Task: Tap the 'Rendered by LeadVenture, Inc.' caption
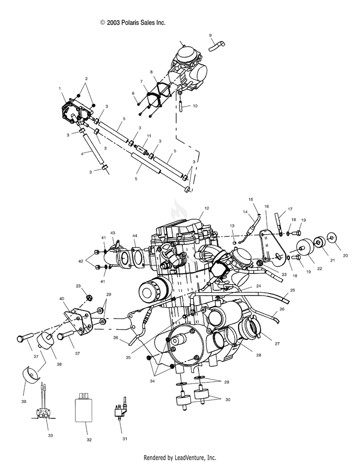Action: [180, 457]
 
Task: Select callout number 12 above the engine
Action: [207, 209]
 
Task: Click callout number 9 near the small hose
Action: [210, 36]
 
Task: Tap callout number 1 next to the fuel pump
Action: [60, 89]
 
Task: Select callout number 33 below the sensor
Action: [50, 435]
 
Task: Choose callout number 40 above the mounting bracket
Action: [62, 298]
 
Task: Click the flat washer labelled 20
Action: [331, 237]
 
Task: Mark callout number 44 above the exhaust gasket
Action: [135, 236]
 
